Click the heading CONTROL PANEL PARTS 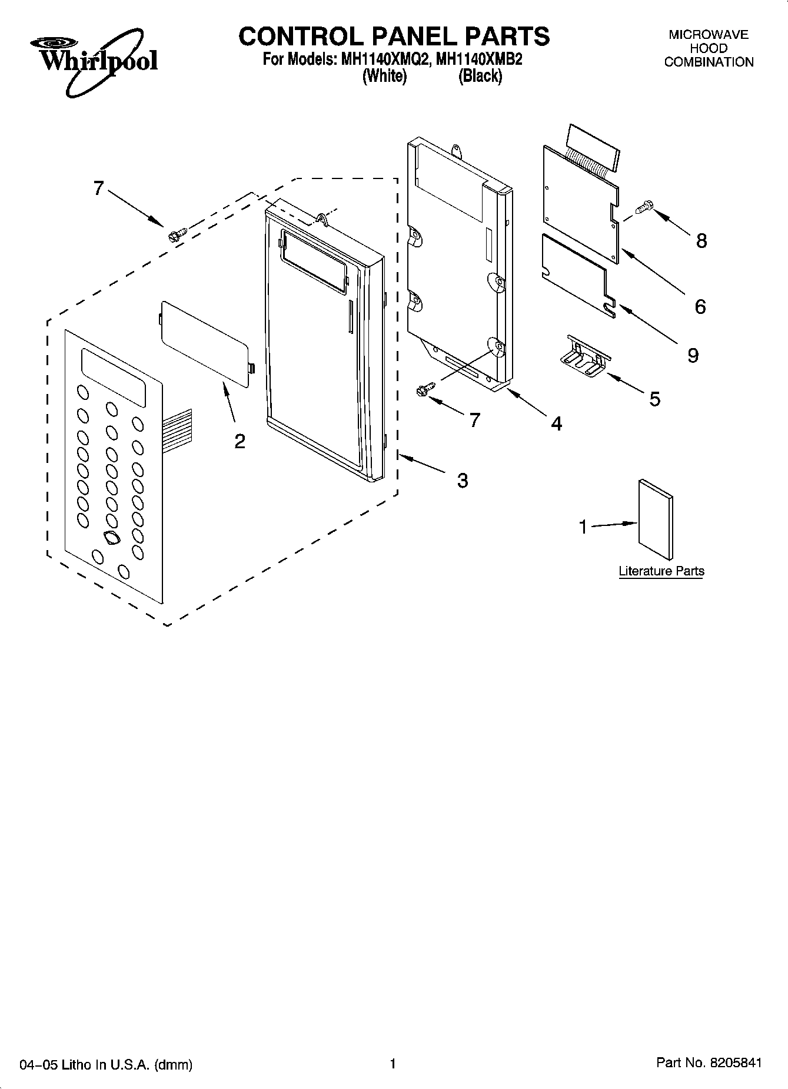tap(394, 37)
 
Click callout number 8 tap(701, 240)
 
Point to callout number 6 tap(700, 306)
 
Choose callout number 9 tap(693, 355)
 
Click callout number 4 tap(556, 423)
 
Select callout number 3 tap(463, 481)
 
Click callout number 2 tap(240, 441)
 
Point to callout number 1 tap(583, 527)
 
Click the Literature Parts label tap(661, 571)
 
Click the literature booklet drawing tap(655, 518)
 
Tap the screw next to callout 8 tap(644, 207)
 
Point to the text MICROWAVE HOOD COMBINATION tap(709, 48)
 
